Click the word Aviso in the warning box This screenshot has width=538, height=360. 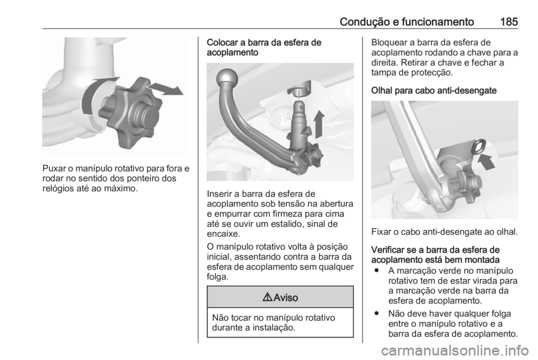coord(285,297)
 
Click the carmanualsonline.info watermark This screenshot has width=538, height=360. coord(455,348)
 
